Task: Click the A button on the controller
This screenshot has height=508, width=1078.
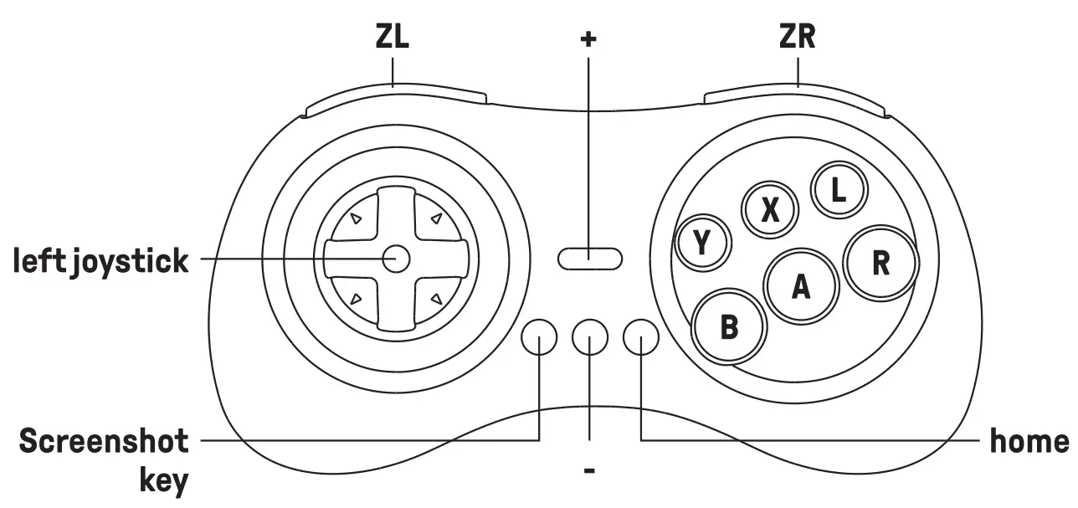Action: pyautogui.click(x=801, y=287)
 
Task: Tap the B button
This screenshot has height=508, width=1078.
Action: pyautogui.click(x=729, y=326)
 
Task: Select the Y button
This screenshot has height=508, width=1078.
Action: pyautogui.click(x=703, y=244)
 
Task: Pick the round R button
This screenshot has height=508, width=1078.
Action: pyautogui.click(x=880, y=263)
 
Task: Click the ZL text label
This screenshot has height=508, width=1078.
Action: pyautogui.click(x=392, y=38)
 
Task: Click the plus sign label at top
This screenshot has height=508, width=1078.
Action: pyautogui.click(x=589, y=39)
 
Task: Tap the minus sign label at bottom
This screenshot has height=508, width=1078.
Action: pyautogui.click(x=589, y=471)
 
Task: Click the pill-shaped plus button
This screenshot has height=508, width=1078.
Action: pyautogui.click(x=589, y=258)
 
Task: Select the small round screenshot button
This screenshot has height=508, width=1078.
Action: pyautogui.click(x=539, y=336)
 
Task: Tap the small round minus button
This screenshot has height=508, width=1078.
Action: pyautogui.click(x=590, y=336)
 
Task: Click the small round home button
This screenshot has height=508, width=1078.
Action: pyautogui.click(x=641, y=336)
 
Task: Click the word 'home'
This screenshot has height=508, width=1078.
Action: pyautogui.click(x=1029, y=441)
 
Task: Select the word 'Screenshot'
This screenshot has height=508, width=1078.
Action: pyautogui.click(x=104, y=441)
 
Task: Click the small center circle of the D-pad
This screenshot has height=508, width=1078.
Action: pyautogui.click(x=395, y=259)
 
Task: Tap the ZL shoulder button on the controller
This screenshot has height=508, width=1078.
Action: pyautogui.click(x=395, y=99)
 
